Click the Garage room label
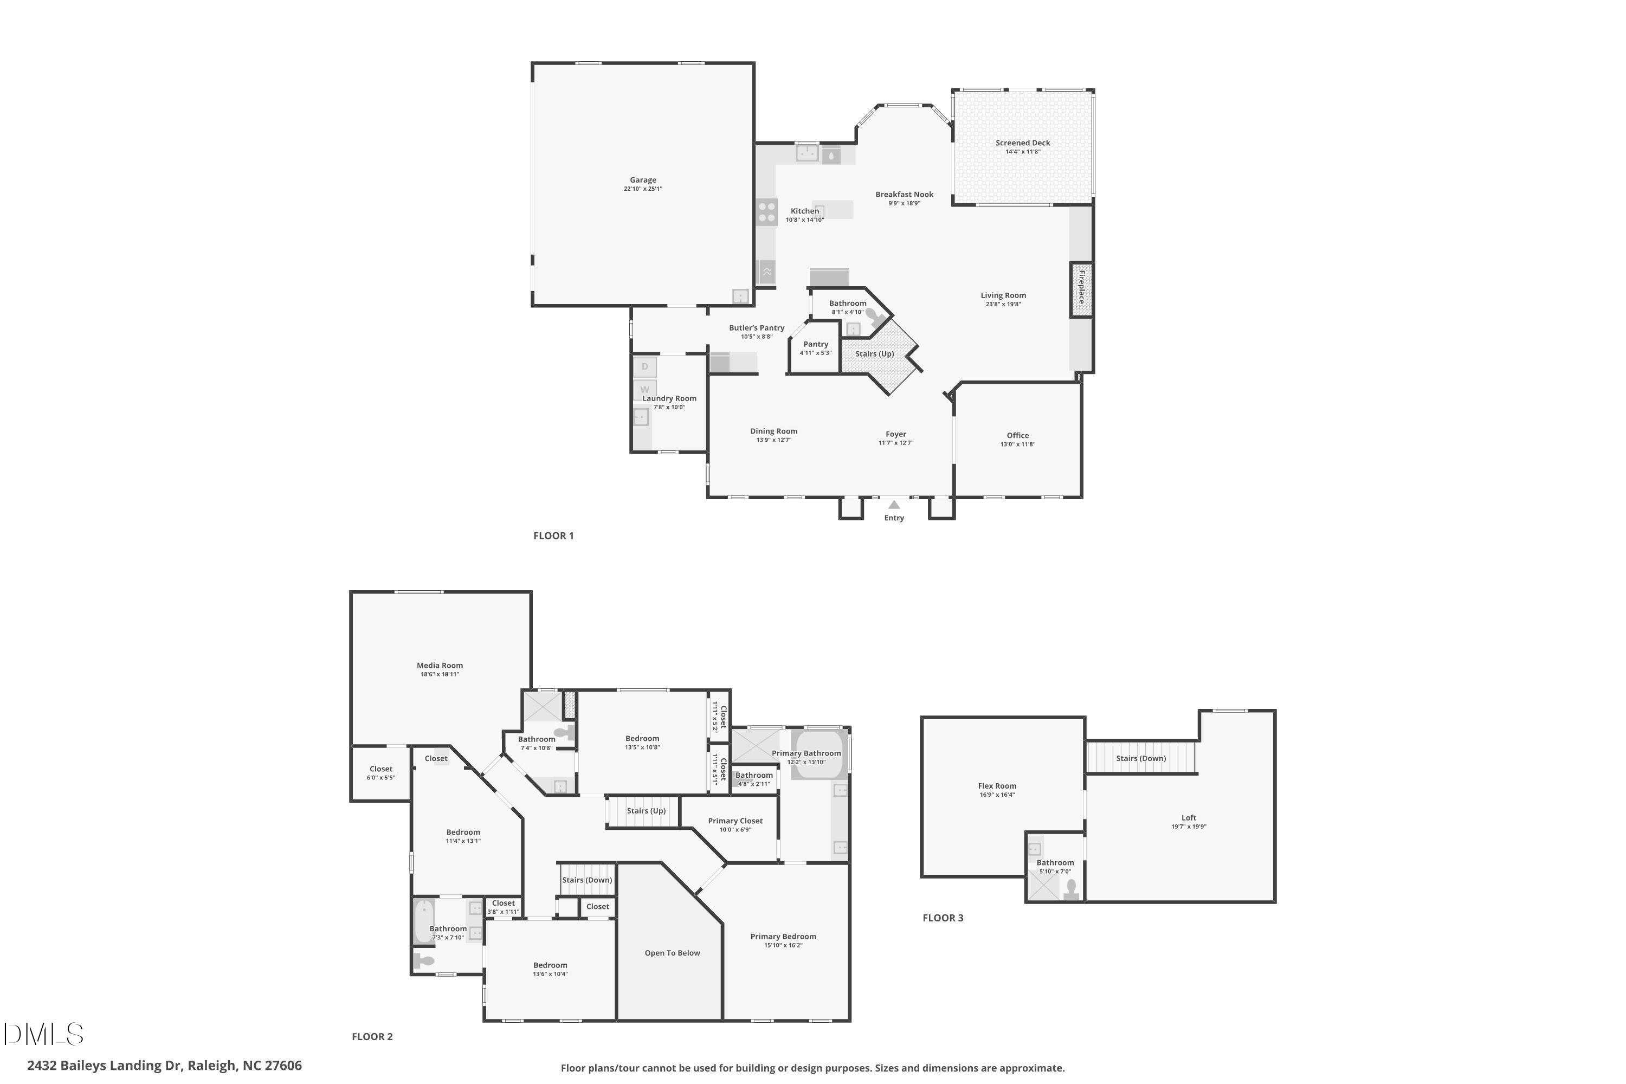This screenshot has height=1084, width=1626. (642, 180)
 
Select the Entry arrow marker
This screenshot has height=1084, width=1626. (894, 505)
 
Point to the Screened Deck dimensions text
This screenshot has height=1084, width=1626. (1022, 151)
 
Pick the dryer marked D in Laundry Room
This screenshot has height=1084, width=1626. (644, 367)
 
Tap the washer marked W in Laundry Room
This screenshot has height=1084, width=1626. (644, 389)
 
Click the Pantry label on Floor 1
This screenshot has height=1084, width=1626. (816, 344)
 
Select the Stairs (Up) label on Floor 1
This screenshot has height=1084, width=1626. (875, 354)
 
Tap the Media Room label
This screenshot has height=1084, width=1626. (440, 666)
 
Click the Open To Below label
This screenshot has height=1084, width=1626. (672, 953)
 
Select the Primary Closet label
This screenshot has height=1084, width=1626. (735, 821)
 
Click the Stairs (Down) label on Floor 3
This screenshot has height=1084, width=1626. (1141, 758)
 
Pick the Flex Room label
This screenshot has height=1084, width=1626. (997, 786)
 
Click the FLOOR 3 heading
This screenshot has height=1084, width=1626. (943, 918)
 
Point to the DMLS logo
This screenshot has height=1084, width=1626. (43, 1034)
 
